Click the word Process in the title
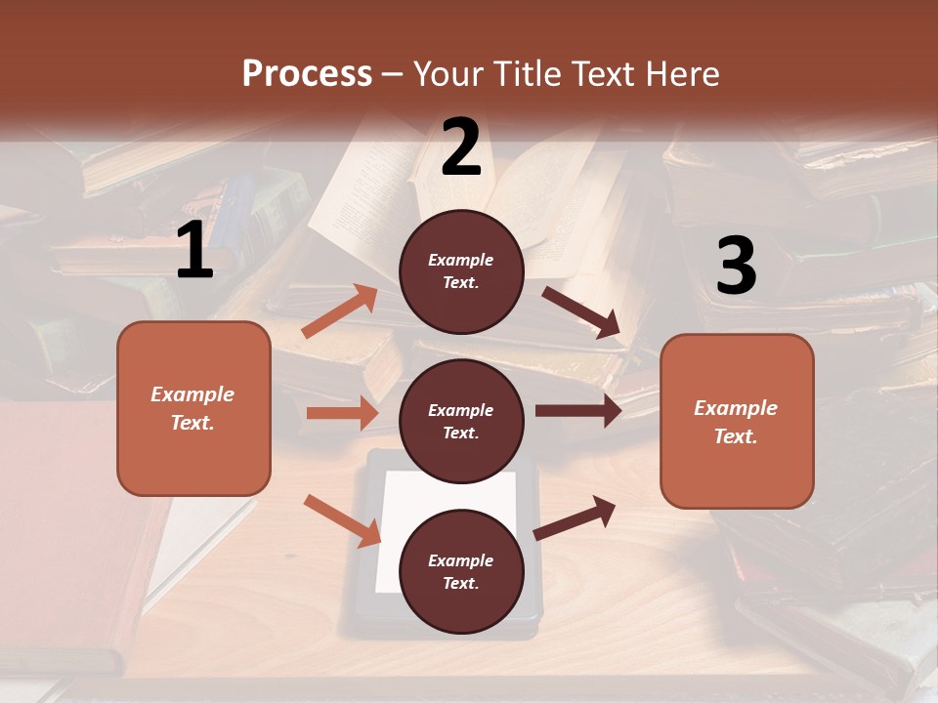[307, 74]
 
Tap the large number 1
[194, 252]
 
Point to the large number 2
[461, 147]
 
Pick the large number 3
[736, 267]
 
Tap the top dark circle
[461, 271]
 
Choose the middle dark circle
[461, 421]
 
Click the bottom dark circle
[461, 571]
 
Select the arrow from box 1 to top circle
[340, 312]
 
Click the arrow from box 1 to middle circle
[342, 413]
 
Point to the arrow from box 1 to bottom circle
[342, 520]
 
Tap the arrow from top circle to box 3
[582, 313]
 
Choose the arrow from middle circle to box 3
[578, 411]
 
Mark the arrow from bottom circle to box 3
[575, 518]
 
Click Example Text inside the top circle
[461, 271]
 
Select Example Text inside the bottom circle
[461, 572]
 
